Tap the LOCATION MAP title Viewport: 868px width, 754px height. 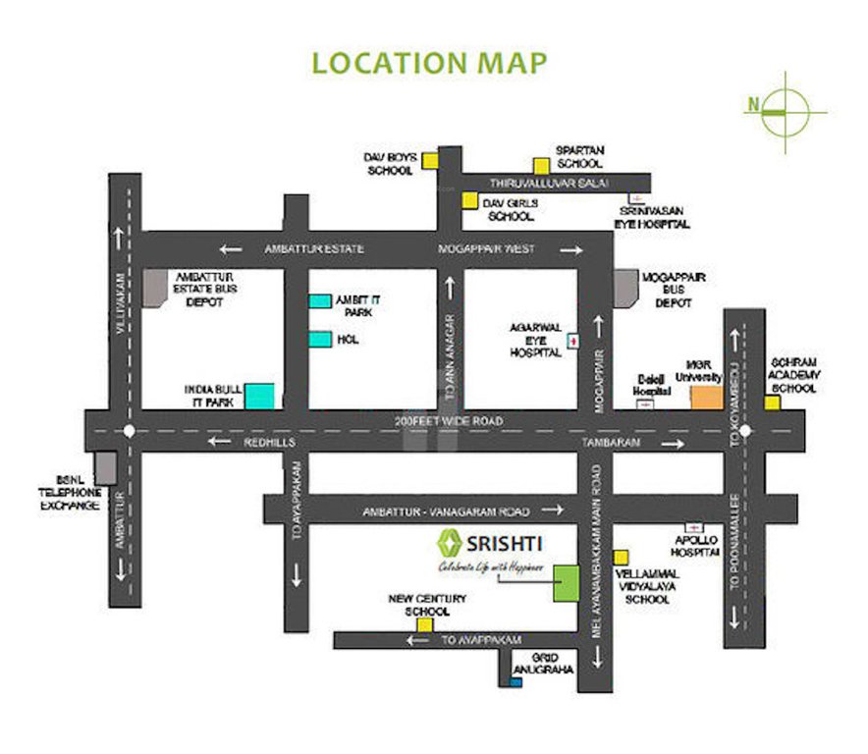click(429, 62)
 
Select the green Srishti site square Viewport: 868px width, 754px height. click(566, 584)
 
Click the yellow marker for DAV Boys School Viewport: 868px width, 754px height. click(430, 161)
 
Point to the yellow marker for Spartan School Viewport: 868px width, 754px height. click(540, 165)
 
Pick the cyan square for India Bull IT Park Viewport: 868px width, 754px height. click(259, 396)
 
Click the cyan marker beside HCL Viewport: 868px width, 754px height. click(320, 340)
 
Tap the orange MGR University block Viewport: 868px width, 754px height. click(705, 397)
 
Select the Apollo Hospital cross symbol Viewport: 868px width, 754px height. click(693, 528)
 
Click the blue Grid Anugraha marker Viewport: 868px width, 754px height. click(516, 682)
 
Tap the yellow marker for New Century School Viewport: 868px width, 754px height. click(425, 624)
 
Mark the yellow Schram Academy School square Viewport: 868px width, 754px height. click(773, 403)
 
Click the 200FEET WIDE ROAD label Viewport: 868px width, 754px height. click(449, 421)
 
